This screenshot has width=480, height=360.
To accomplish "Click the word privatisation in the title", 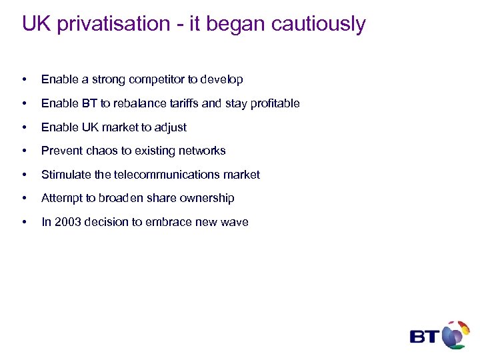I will [x=112, y=25].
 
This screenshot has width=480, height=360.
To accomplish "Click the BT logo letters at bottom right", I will [x=423, y=336].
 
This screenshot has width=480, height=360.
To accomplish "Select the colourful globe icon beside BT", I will [x=455, y=334].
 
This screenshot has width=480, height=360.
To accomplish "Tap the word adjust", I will [x=171, y=127].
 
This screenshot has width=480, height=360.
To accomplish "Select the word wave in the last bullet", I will [x=235, y=222].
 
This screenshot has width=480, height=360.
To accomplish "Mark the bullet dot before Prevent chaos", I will [x=25, y=151].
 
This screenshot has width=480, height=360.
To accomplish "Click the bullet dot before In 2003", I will [x=25, y=223].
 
